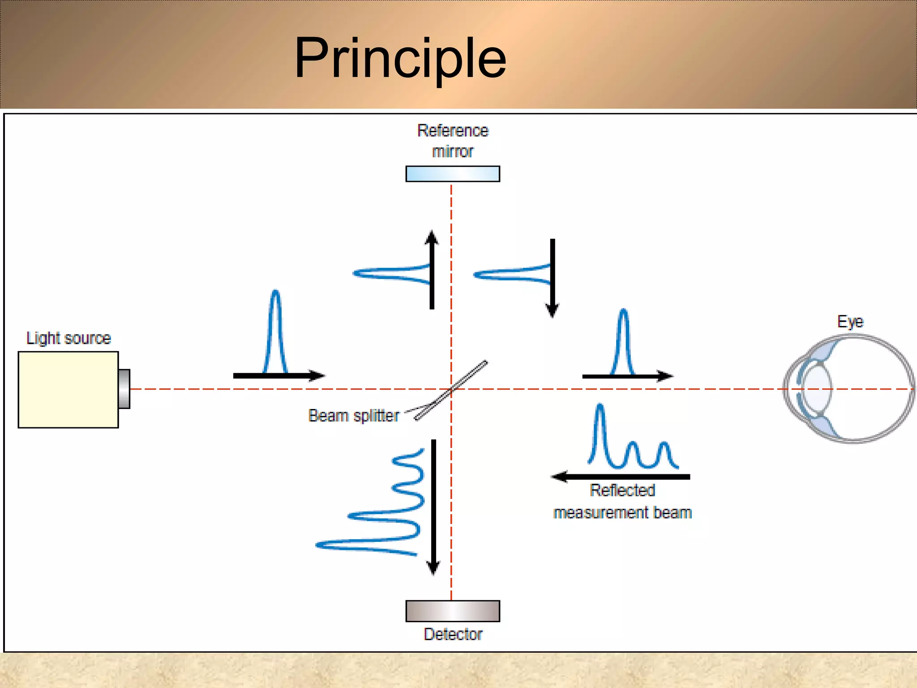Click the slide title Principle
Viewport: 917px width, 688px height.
click(400, 59)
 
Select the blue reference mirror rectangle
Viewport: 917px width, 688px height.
click(452, 174)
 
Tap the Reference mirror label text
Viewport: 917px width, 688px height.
click(452, 141)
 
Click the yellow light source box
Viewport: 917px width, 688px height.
click(68, 389)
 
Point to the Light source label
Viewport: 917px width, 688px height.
click(69, 338)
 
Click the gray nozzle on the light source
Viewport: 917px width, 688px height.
click(124, 389)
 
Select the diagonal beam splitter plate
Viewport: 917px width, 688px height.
click(451, 391)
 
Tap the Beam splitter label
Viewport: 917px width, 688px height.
click(353, 415)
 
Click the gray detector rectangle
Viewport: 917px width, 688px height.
click(452, 611)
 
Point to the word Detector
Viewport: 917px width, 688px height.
click(453, 634)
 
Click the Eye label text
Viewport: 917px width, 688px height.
click(850, 321)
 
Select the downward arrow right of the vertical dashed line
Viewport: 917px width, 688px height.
click(553, 278)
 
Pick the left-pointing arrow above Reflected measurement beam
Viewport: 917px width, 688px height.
click(621, 477)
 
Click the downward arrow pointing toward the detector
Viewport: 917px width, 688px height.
click(433, 506)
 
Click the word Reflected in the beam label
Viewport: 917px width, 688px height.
click(622, 490)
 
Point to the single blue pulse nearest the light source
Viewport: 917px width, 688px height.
click(275, 331)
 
